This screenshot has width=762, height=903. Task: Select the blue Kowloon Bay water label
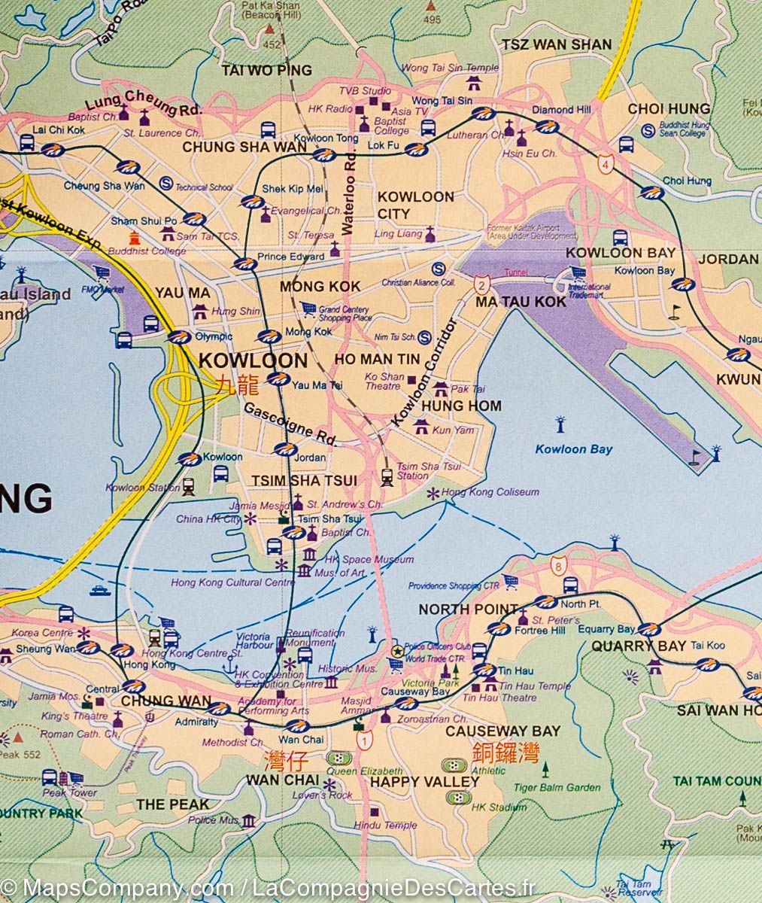(x=573, y=449)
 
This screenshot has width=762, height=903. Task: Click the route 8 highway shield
(x=557, y=564)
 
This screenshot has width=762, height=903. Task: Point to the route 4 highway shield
(x=606, y=163)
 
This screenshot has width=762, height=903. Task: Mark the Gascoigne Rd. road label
(x=288, y=423)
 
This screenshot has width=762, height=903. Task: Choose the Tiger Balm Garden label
(x=557, y=788)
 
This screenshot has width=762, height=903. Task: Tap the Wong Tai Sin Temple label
(x=450, y=68)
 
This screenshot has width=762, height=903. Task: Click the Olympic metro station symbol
(x=179, y=337)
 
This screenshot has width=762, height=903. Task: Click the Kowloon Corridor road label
(x=425, y=375)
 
